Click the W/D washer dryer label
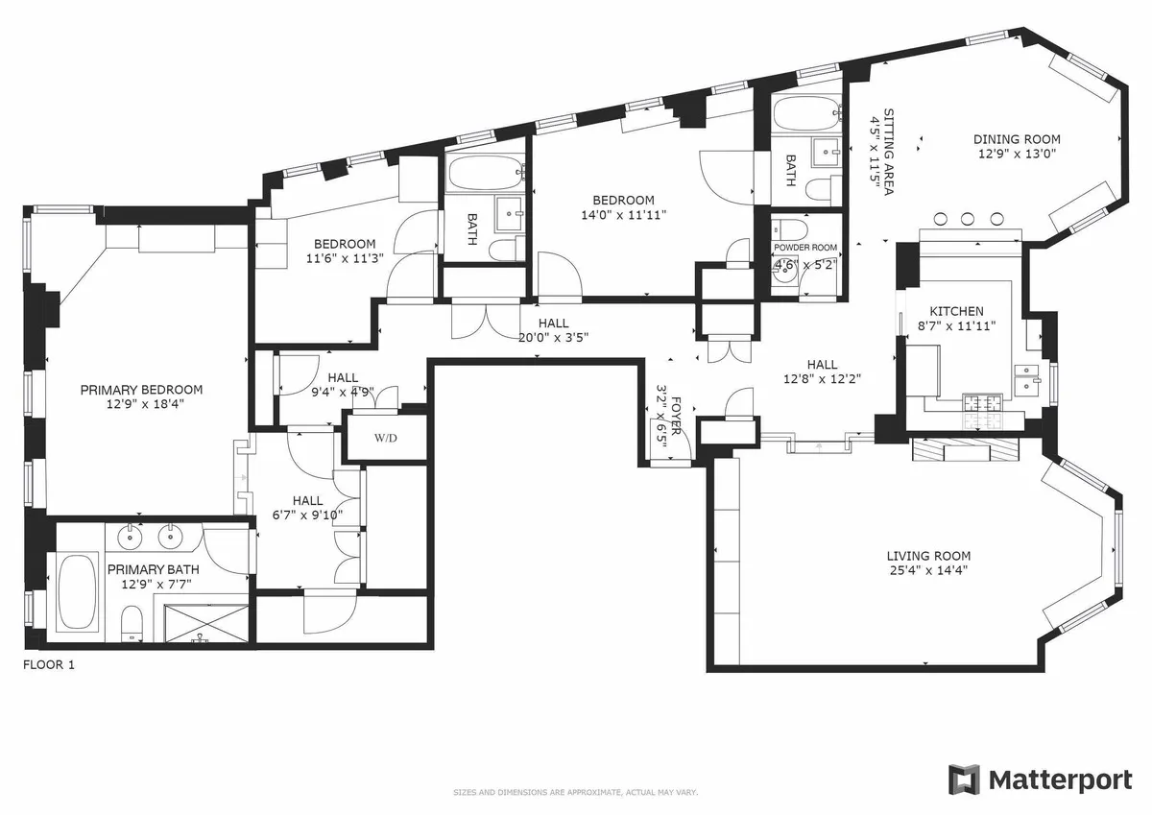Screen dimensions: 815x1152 tap(386, 439)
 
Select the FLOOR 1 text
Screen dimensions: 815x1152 tap(48, 663)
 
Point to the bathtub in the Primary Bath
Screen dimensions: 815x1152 tap(78, 591)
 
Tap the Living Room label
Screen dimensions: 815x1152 tap(927, 556)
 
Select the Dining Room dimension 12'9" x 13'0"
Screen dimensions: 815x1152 tap(1018, 154)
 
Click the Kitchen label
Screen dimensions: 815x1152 tap(956, 311)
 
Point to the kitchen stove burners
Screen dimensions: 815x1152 tap(981, 415)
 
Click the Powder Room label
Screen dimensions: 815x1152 tap(805, 248)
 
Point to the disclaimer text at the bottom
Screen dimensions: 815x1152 tap(575, 792)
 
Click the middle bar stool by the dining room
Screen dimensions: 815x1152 tap(968, 217)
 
